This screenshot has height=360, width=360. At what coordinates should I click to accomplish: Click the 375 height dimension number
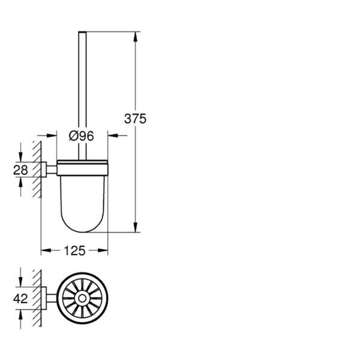[x=135, y=119]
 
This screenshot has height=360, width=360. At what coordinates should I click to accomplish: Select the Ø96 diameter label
[x=82, y=136]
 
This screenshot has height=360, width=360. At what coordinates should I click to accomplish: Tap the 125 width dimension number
[x=74, y=251]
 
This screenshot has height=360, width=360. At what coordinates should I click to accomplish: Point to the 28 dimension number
[x=20, y=170]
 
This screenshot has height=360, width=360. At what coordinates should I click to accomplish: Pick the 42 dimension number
[x=20, y=299]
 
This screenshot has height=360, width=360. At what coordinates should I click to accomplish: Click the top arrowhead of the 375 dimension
[x=136, y=37]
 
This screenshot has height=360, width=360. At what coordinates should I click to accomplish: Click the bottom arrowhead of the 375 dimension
[x=136, y=227]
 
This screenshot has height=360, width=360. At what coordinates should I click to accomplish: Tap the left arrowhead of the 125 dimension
[x=46, y=250]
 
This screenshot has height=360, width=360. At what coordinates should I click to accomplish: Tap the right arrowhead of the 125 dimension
[x=103, y=250]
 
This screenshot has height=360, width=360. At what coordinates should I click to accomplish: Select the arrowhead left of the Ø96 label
[x=52, y=136]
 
